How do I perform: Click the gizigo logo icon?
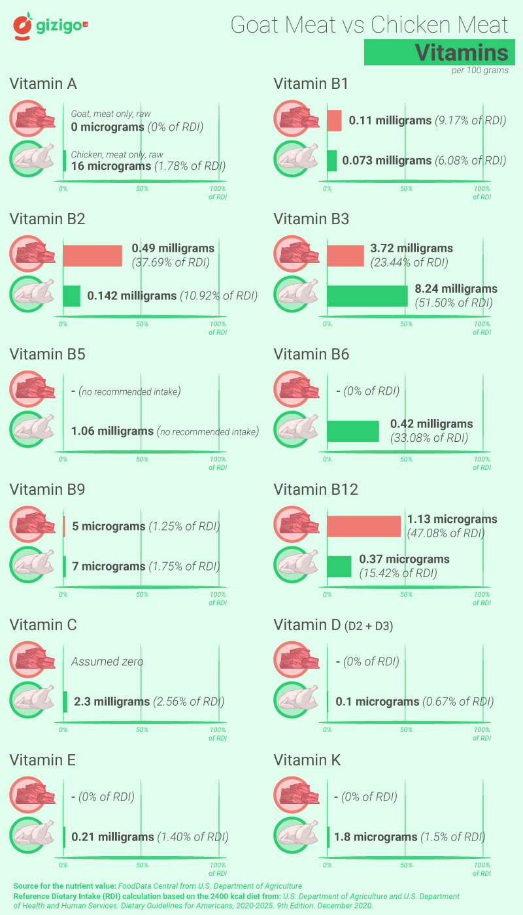point(24,26)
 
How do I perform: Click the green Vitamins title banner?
point(436,52)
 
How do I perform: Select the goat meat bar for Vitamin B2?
point(93,256)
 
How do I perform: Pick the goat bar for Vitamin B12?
point(363,526)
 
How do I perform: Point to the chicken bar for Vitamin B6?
point(353,431)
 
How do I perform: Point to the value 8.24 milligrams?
point(456,289)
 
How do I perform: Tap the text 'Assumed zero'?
point(107,661)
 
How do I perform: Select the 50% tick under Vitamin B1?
point(406,189)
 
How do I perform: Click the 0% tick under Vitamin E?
point(63,865)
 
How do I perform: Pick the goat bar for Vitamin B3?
point(345,256)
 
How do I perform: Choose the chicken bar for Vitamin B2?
point(72,296)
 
